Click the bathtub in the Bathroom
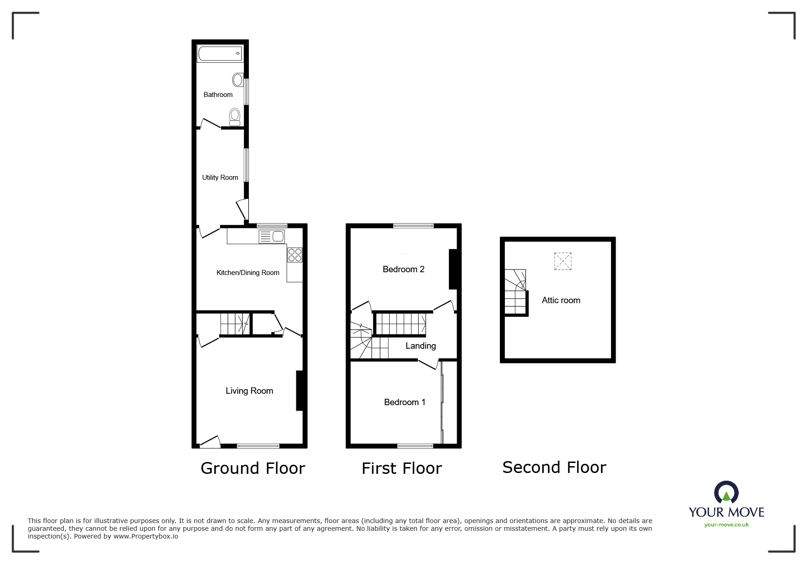click(220, 54)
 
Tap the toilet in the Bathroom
click(235, 117)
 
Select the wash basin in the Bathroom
click(238, 80)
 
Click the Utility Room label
click(220, 178)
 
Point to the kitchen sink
click(272, 236)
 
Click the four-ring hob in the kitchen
click(295, 254)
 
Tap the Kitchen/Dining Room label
click(247, 273)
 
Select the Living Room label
click(249, 391)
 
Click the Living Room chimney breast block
click(299, 391)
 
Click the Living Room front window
click(258, 446)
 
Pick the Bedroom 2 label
click(403, 269)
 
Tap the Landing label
click(421, 346)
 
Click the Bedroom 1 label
click(405, 402)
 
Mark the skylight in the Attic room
click(563, 261)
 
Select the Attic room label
click(560, 300)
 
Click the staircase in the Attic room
click(515, 292)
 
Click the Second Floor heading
click(554, 467)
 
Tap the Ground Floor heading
click(252, 468)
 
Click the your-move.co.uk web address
click(726, 525)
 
